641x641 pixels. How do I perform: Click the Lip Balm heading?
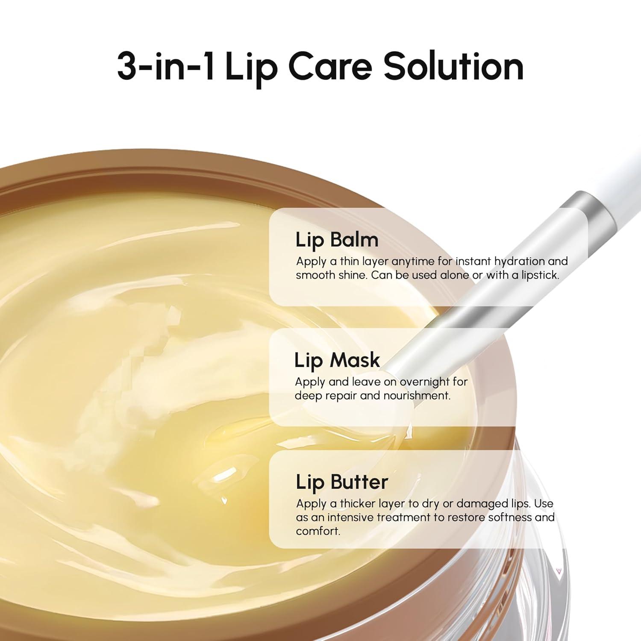tap(337, 240)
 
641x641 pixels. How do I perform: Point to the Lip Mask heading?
tap(337, 360)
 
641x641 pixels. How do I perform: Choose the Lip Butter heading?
tap(342, 482)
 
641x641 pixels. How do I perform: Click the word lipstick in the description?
tap(540, 275)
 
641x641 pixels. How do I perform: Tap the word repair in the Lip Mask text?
tap(341, 396)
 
